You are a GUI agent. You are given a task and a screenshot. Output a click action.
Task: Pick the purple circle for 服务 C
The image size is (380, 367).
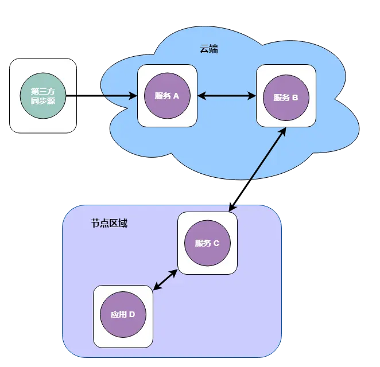(x=207, y=243)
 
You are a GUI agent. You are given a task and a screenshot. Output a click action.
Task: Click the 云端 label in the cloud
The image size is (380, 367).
(x=208, y=49)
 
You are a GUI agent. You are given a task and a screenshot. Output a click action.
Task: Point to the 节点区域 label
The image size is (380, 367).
(x=109, y=223)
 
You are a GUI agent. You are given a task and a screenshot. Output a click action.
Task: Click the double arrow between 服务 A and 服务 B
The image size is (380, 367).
(x=227, y=96)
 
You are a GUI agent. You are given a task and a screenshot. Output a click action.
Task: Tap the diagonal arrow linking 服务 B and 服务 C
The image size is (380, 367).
(x=257, y=169)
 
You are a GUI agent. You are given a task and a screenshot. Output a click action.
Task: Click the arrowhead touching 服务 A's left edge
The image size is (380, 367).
(x=133, y=96)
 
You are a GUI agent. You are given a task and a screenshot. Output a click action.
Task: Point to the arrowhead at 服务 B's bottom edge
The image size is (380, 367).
(x=282, y=131)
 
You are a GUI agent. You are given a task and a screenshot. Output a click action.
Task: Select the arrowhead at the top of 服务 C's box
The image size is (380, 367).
(x=232, y=208)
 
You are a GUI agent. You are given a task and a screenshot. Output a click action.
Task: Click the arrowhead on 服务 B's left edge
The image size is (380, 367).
(x=252, y=96)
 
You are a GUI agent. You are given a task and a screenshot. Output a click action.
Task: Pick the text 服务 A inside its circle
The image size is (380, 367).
(x=167, y=96)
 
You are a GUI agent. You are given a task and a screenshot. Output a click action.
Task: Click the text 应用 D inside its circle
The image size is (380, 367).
(x=123, y=314)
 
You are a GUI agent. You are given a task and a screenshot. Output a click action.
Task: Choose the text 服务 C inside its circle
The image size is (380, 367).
(x=207, y=243)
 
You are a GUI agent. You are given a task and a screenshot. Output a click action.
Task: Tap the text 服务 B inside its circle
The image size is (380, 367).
(x=286, y=97)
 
